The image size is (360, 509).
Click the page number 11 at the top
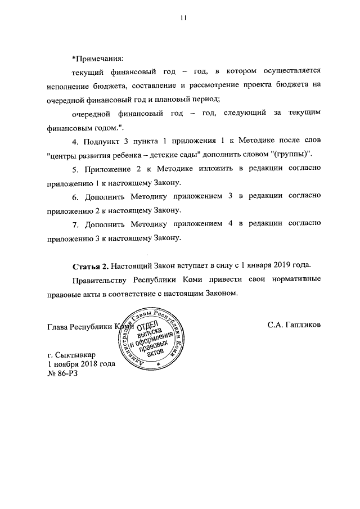(x=183, y=18)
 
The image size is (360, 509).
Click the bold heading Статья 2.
(x=90, y=265)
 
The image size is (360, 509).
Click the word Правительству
(x=100, y=280)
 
